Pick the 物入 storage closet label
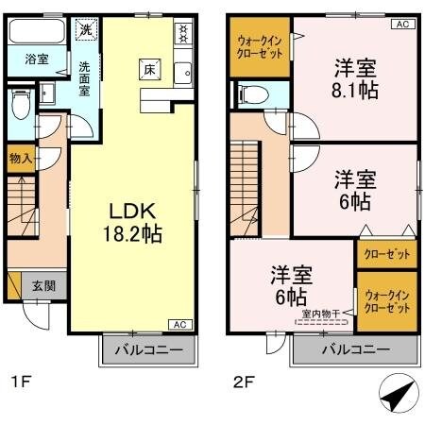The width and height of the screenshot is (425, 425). click(x=21, y=158)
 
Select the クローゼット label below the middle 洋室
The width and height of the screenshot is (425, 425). click(x=386, y=254)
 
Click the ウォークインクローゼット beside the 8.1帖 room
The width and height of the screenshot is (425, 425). click(x=258, y=48)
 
